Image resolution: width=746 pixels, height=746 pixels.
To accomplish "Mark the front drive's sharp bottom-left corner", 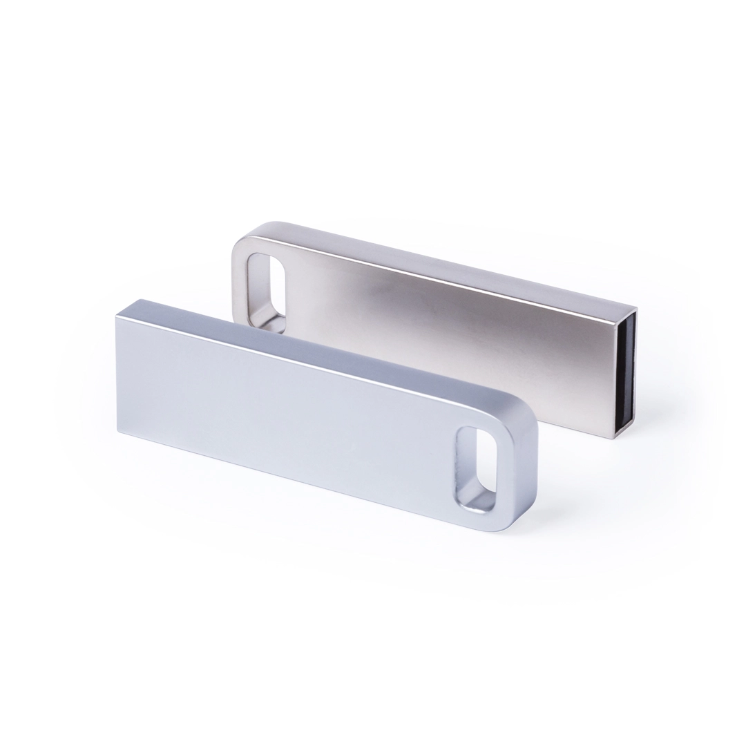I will [x=119, y=433].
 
